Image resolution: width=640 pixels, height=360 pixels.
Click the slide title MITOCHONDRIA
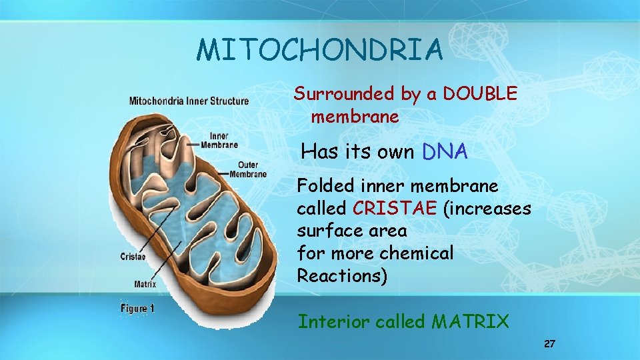click(319, 50)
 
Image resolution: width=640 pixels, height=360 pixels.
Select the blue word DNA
click(445, 152)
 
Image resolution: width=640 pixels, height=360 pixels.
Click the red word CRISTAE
click(395, 208)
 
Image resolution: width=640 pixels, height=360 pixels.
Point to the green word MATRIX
click(470, 322)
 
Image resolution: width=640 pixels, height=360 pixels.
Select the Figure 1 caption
click(137, 308)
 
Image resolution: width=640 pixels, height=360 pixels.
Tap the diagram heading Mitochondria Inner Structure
click(189, 101)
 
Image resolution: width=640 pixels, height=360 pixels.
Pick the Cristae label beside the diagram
click(133, 256)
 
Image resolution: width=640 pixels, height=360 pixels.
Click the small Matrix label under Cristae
click(145, 283)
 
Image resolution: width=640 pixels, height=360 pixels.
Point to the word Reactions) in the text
click(341, 276)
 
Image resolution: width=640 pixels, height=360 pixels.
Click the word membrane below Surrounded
click(355, 117)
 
